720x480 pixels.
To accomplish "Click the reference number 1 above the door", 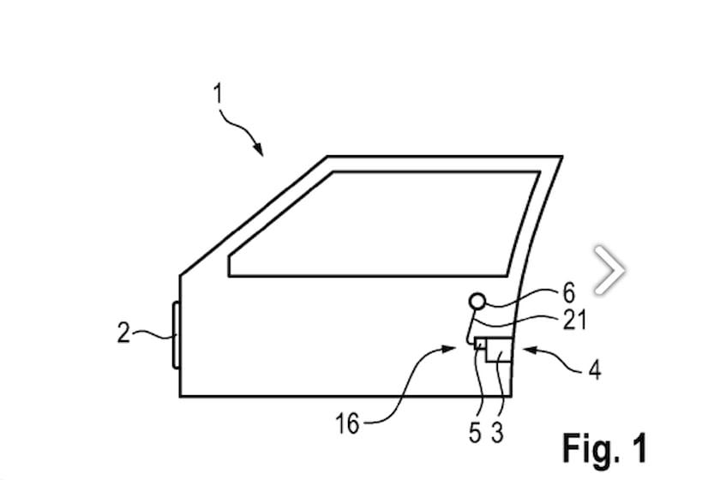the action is click(218, 94).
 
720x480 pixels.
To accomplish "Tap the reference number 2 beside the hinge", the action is click(123, 333).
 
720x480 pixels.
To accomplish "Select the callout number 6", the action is click(568, 292).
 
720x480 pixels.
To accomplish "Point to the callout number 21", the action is click(574, 320).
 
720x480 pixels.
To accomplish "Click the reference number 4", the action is click(595, 369).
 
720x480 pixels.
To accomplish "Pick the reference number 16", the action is click(347, 423).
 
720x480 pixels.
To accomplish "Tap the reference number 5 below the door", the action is click(475, 432).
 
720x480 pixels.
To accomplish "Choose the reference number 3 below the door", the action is click(497, 432).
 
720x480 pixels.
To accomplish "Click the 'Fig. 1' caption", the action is click(605, 447).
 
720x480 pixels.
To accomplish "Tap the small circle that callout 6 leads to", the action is click(477, 302).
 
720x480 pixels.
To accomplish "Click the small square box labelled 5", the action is click(480, 344).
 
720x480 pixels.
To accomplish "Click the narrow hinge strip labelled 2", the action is click(176, 335).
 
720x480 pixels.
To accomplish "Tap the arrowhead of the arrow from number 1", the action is click(259, 149).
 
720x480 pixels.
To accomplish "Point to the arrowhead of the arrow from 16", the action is click(447, 349).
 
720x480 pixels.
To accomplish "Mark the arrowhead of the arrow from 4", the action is click(530, 350).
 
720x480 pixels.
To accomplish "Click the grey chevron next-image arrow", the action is click(609, 270).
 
